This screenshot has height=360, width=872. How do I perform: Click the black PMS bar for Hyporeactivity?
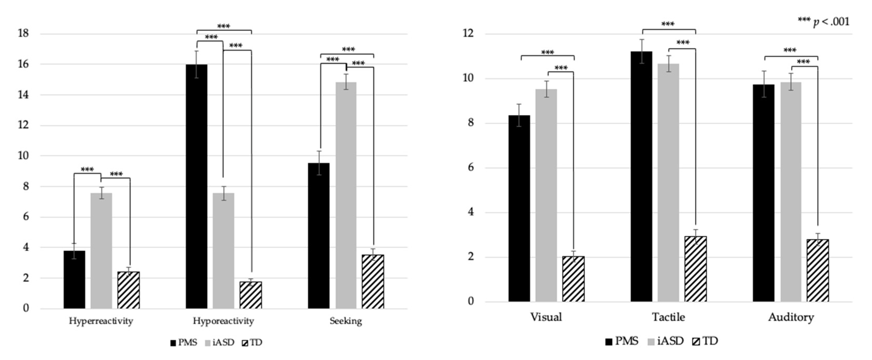click(197, 186)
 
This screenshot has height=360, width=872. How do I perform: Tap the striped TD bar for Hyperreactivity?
click(128, 290)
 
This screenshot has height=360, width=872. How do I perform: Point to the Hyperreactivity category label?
click(101, 321)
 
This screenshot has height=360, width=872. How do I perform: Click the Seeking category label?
click(346, 321)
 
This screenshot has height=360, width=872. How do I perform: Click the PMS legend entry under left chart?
click(184, 343)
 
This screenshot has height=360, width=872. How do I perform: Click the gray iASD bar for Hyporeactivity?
click(223, 250)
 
